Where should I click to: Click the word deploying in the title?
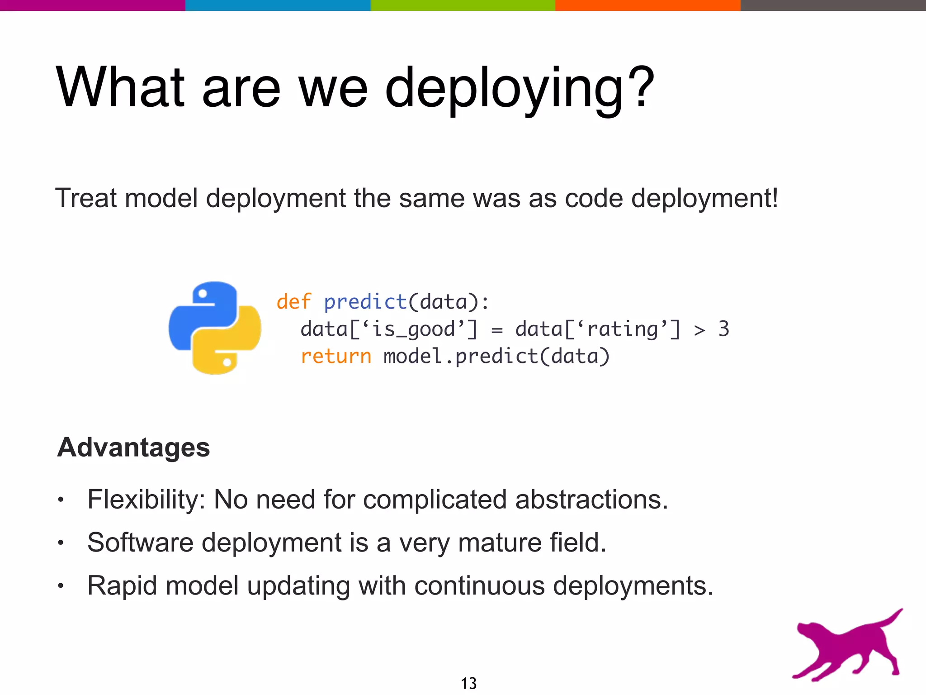(x=504, y=88)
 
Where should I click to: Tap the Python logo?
(x=215, y=328)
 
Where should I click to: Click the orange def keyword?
(x=294, y=302)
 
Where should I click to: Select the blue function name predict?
(x=366, y=302)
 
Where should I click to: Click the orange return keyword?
(x=336, y=357)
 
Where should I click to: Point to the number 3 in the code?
(x=723, y=329)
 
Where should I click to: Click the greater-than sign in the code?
(x=699, y=330)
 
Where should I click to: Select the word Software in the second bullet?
(x=140, y=543)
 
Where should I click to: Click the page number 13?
(x=468, y=683)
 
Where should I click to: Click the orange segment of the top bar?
(x=647, y=5)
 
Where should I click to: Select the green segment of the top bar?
(x=463, y=5)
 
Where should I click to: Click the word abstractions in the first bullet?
(x=591, y=500)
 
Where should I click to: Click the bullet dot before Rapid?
(x=61, y=586)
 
